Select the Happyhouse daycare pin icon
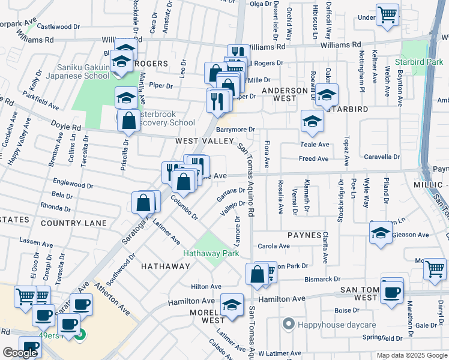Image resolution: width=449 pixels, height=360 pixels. point(288,325)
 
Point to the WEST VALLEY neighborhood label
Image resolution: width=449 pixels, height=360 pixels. point(204,141)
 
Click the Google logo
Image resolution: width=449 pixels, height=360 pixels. point(20,353)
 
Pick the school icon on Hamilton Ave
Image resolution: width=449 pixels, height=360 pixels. point(232,305)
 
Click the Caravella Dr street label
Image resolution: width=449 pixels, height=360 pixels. point(382,157)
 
